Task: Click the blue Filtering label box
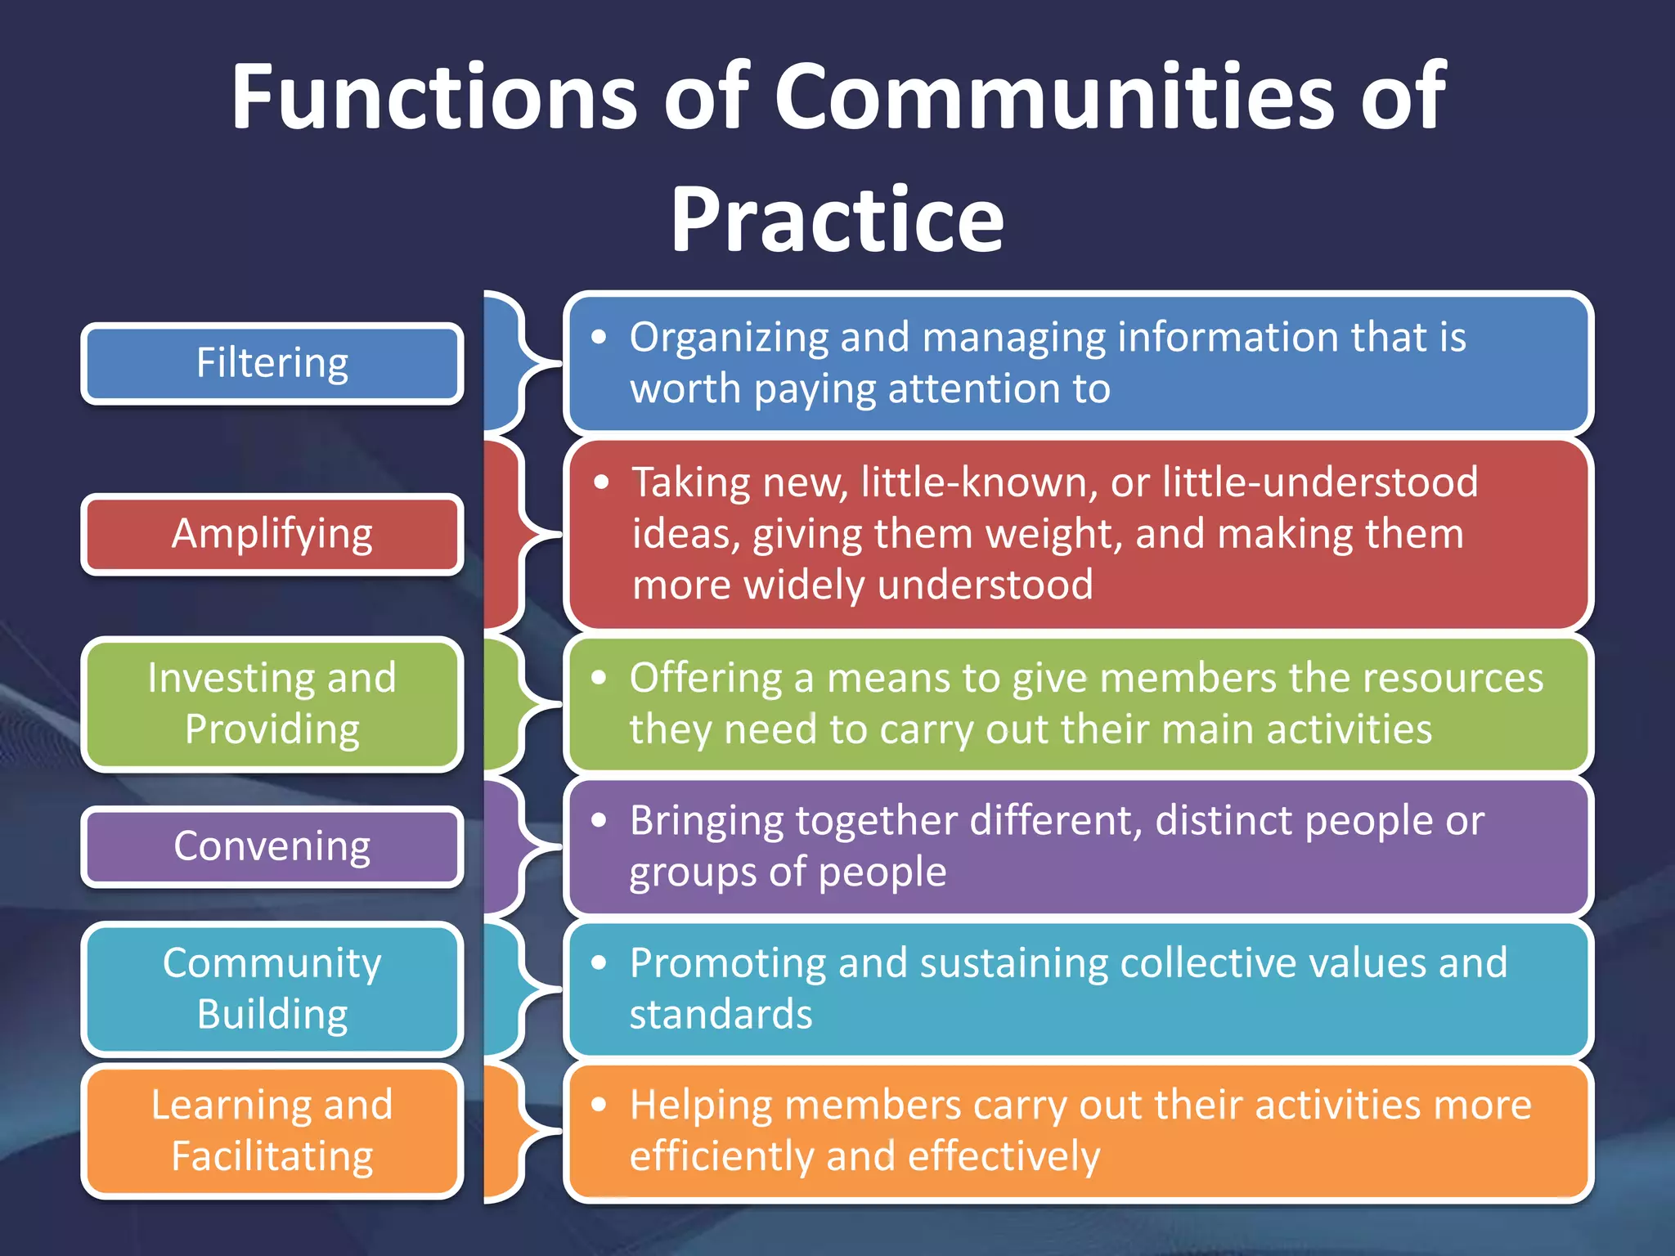[x=272, y=364]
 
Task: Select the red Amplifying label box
[x=272, y=535]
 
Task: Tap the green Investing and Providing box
[x=272, y=704]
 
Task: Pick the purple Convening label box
[x=272, y=847]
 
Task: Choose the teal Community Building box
[x=272, y=989]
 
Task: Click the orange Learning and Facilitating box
[x=272, y=1131]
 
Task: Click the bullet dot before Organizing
[x=599, y=337]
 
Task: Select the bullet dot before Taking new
[x=602, y=482]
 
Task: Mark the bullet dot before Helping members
[x=599, y=1106]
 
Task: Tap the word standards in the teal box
[x=721, y=1015]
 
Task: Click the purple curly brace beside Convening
[x=515, y=847]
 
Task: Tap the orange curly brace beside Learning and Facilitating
[x=515, y=1133]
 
